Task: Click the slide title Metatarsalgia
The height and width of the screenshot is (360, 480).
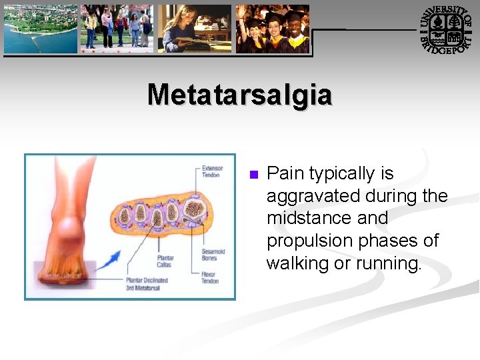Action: coord(239,95)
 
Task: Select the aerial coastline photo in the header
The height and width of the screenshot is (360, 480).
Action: coord(40,28)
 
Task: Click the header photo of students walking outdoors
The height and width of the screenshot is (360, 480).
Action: coord(117,28)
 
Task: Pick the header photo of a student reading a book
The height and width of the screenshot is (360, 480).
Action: coord(194,28)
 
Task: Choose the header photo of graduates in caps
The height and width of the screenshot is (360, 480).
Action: coord(273,28)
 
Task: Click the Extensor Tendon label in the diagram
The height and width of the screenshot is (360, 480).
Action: coord(212,171)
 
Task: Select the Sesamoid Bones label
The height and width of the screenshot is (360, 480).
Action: coord(213,255)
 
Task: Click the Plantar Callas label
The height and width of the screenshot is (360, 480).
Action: coord(165,261)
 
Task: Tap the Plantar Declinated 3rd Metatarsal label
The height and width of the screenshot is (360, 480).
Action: coord(147,284)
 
